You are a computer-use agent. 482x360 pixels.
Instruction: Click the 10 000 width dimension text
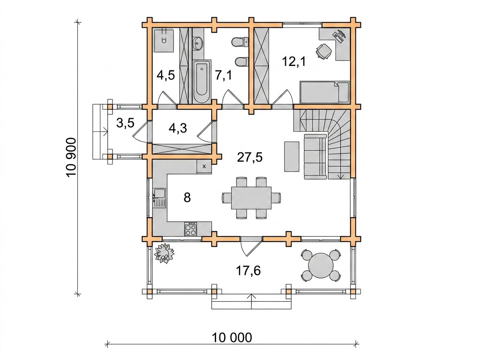(232, 337)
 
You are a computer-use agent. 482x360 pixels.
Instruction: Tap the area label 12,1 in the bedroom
(294, 61)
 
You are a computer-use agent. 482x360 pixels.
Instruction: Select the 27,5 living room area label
(250, 157)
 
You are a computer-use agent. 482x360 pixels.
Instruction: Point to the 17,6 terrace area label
(248, 270)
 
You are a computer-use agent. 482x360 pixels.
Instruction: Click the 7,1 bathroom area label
(223, 76)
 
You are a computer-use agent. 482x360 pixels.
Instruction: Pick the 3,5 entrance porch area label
(125, 123)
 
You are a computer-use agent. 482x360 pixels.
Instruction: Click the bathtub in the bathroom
(202, 81)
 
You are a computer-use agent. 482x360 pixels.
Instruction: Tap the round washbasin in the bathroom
(198, 43)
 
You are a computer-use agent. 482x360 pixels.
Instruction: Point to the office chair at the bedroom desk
(323, 51)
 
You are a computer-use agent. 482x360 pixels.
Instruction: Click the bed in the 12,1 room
(325, 92)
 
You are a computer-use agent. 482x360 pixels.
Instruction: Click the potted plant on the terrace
(164, 253)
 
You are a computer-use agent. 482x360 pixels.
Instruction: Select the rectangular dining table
(251, 198)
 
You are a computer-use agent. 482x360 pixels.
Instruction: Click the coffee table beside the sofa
(292, 156)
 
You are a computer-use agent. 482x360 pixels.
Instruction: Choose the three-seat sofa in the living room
(315, 157)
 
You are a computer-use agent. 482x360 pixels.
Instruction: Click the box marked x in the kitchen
(204, 167)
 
